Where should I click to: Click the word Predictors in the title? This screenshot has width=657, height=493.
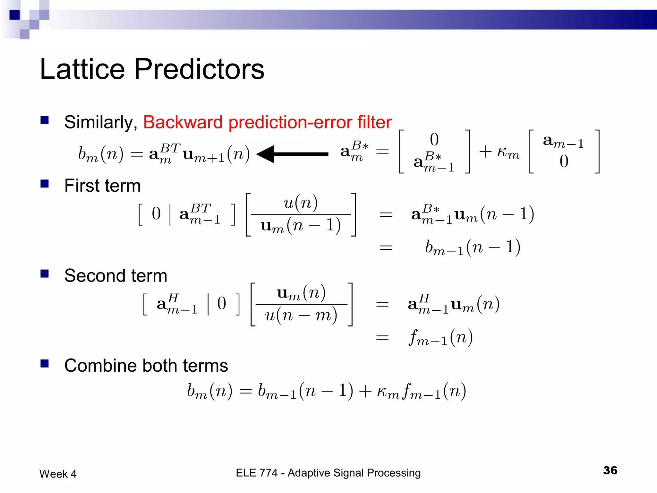(199, 70)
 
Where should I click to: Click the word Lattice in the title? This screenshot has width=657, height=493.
(82, 70)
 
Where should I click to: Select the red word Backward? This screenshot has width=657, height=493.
(183, 122)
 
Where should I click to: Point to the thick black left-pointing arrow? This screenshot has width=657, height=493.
(292, 154)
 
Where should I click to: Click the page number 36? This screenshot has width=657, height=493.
(610, 471)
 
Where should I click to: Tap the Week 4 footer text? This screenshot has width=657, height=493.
(58, 474)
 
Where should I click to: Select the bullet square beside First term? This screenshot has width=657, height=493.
(45, 184)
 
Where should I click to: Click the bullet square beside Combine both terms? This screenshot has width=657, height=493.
(45, 364)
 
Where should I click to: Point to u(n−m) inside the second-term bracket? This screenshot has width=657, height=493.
(301, 316)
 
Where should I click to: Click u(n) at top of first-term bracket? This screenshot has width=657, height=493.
(301, 203)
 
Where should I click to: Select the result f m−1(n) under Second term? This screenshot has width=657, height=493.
(441, 338)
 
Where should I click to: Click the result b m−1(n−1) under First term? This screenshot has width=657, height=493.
(473, 247)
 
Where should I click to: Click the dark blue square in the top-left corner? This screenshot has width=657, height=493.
(15, 15)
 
